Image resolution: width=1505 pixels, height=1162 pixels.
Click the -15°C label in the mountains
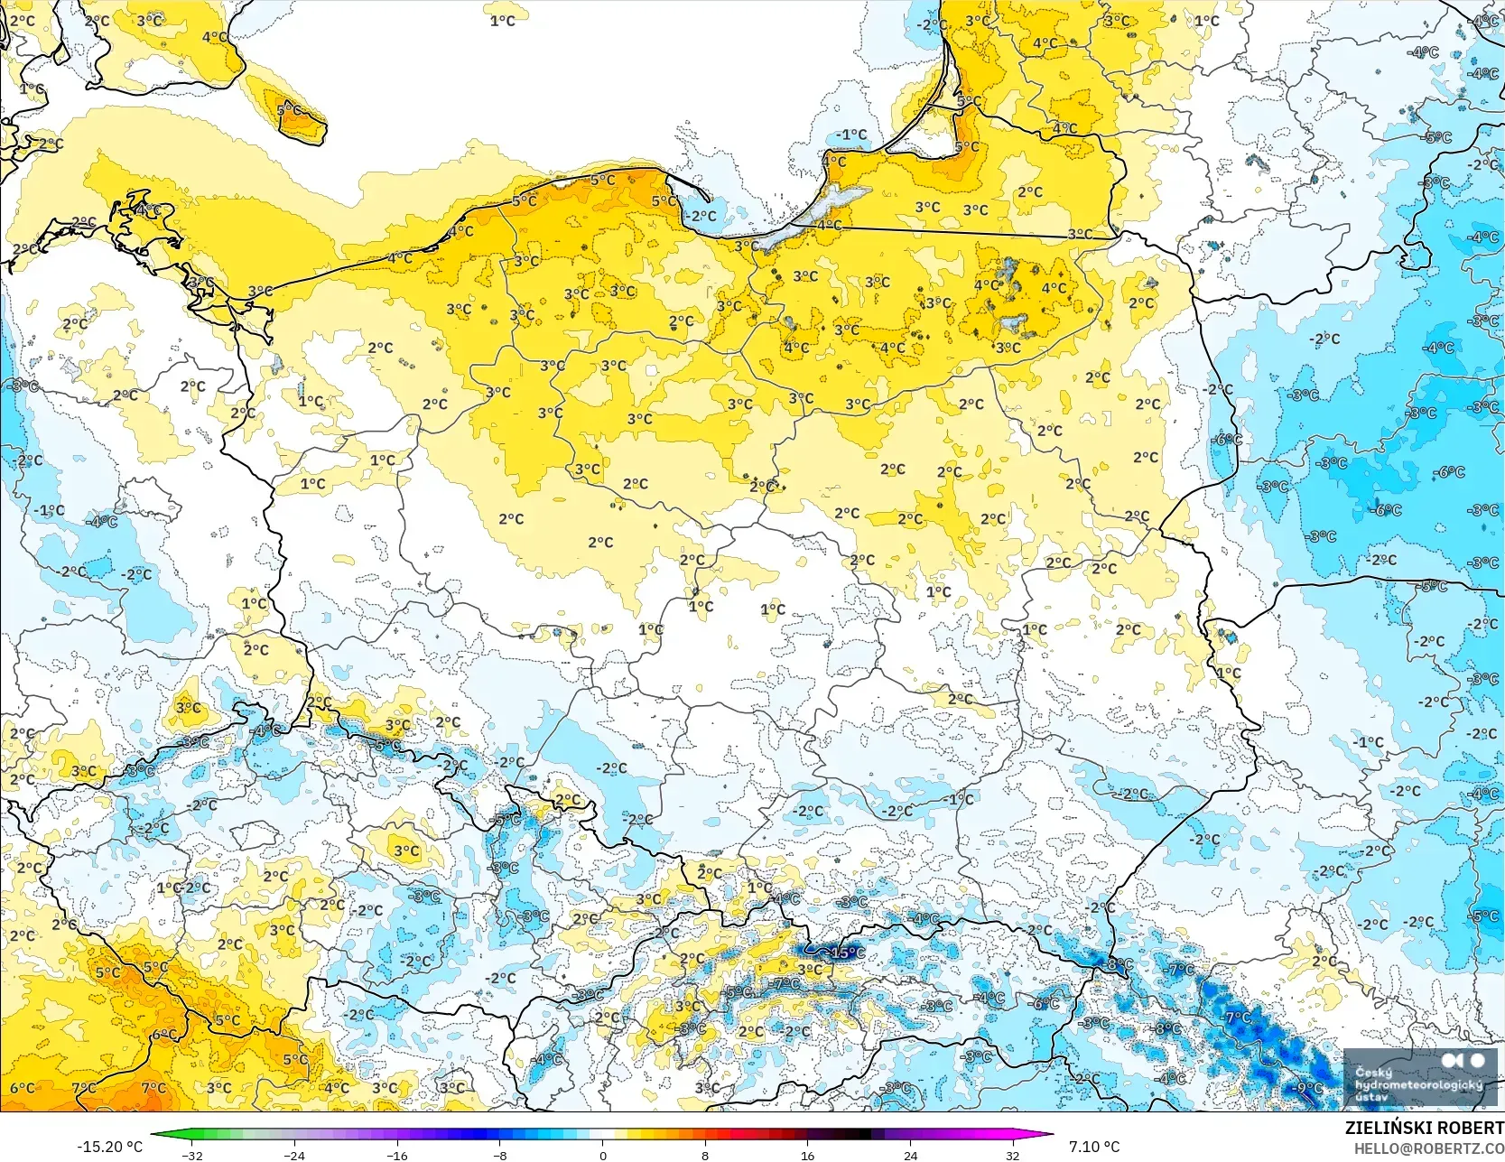tap(845, 953)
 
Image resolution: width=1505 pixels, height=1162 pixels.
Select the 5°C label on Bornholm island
tap(290, 111)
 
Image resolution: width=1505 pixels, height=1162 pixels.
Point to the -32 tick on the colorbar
tap(191, 1155)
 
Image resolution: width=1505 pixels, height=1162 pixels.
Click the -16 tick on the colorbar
tap(397, 1155)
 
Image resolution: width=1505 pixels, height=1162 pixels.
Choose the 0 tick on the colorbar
tap(602, 1155)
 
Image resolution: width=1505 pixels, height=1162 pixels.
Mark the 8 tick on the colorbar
tap(705, 1155)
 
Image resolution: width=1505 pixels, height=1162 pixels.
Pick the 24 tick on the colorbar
tap(910, 1155)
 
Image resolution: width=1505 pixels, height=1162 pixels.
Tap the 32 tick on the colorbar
tap(1013, 1155)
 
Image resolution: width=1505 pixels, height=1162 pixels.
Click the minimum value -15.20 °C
tap(109, 1147)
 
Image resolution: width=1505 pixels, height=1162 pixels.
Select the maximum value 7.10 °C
tap(1094, 1147)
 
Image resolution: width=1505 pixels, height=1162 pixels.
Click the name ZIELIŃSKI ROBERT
tap(1424, 1128)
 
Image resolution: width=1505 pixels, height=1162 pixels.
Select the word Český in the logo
tap(1372, 1073)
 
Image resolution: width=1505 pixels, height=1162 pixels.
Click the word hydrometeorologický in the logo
tap(1418, 1084)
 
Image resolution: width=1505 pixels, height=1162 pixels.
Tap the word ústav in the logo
tap(1370, 1096)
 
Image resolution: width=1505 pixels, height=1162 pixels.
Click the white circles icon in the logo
tap(1463, 1061)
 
